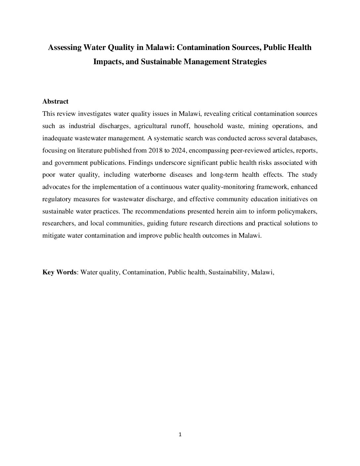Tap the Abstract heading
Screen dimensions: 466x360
[55, 102]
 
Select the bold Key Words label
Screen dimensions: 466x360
[59, 272]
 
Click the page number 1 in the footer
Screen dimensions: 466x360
[180, 435]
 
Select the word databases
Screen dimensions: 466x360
[302, 138]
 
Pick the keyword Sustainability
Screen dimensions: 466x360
[228, 272]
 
